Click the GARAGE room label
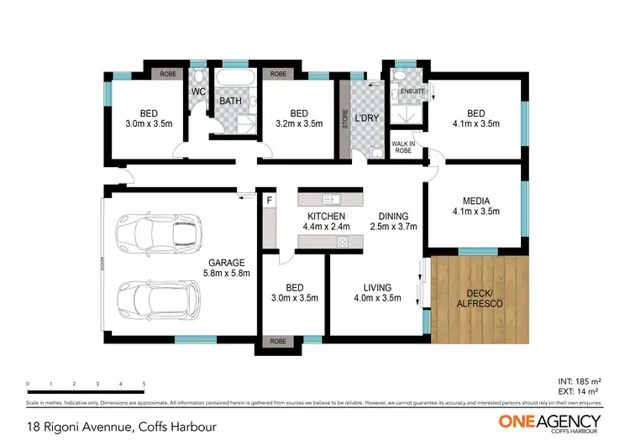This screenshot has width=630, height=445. tap(228, 263)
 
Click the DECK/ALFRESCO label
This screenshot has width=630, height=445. tap(480, 296)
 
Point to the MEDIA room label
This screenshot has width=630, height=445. tap(476, 201)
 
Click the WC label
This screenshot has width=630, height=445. tap(199, 92)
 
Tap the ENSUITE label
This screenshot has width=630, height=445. tap(412, 91)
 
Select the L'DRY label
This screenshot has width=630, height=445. tap(367, 118)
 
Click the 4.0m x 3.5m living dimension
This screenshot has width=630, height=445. tap(371, 298)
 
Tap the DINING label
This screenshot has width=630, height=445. tap(393, 216)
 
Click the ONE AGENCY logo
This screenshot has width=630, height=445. tap(549, 421)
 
